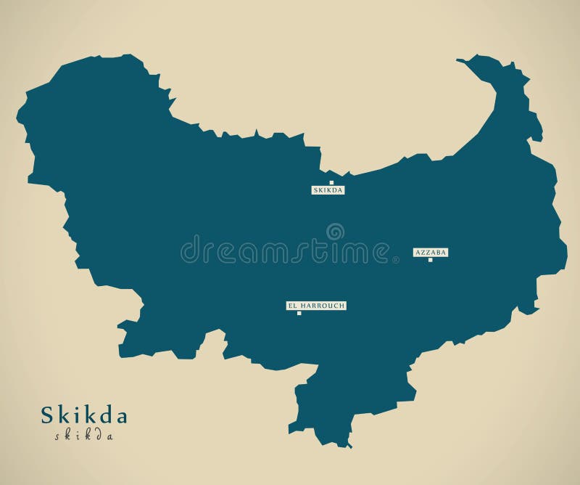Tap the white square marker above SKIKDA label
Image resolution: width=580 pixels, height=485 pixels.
pyautogui.click(x=331, y=183)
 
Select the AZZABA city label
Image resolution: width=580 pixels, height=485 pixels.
pyautogui.click(x=431, y=252)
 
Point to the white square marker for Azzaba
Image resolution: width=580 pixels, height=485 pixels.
pyautogui.click(x=430, y=260)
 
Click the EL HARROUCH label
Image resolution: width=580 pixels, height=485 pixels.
pyautogui.click(x=316, y=306)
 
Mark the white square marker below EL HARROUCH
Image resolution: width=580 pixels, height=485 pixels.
pyautogui.click(x=299, y=314)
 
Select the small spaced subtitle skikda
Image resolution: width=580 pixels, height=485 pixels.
pyautogui.click(x=83, y=436)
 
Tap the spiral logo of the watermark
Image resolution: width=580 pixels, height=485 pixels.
pyautogui.click(x=335, y=232)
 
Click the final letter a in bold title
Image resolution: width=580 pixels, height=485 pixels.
pyautogui.click(x=120, y=418)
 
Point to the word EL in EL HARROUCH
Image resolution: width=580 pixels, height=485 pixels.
pyautogui.click(x=293, y=306)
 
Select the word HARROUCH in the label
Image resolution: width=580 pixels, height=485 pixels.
pyautogui.click(x=322, y=306)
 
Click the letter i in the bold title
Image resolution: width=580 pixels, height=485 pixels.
pyautogui.click(x=75, y=416)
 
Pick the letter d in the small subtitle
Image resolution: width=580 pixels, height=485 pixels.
pyautogui.click(x=98, y=436)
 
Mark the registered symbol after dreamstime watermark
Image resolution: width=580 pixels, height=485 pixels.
pyautogui.click(x=395, y=259)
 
